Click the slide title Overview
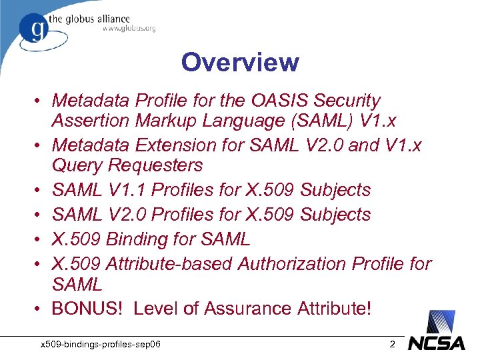pos(240,63)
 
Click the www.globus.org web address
pos(129,29)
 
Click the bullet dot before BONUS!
pos(41,309)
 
